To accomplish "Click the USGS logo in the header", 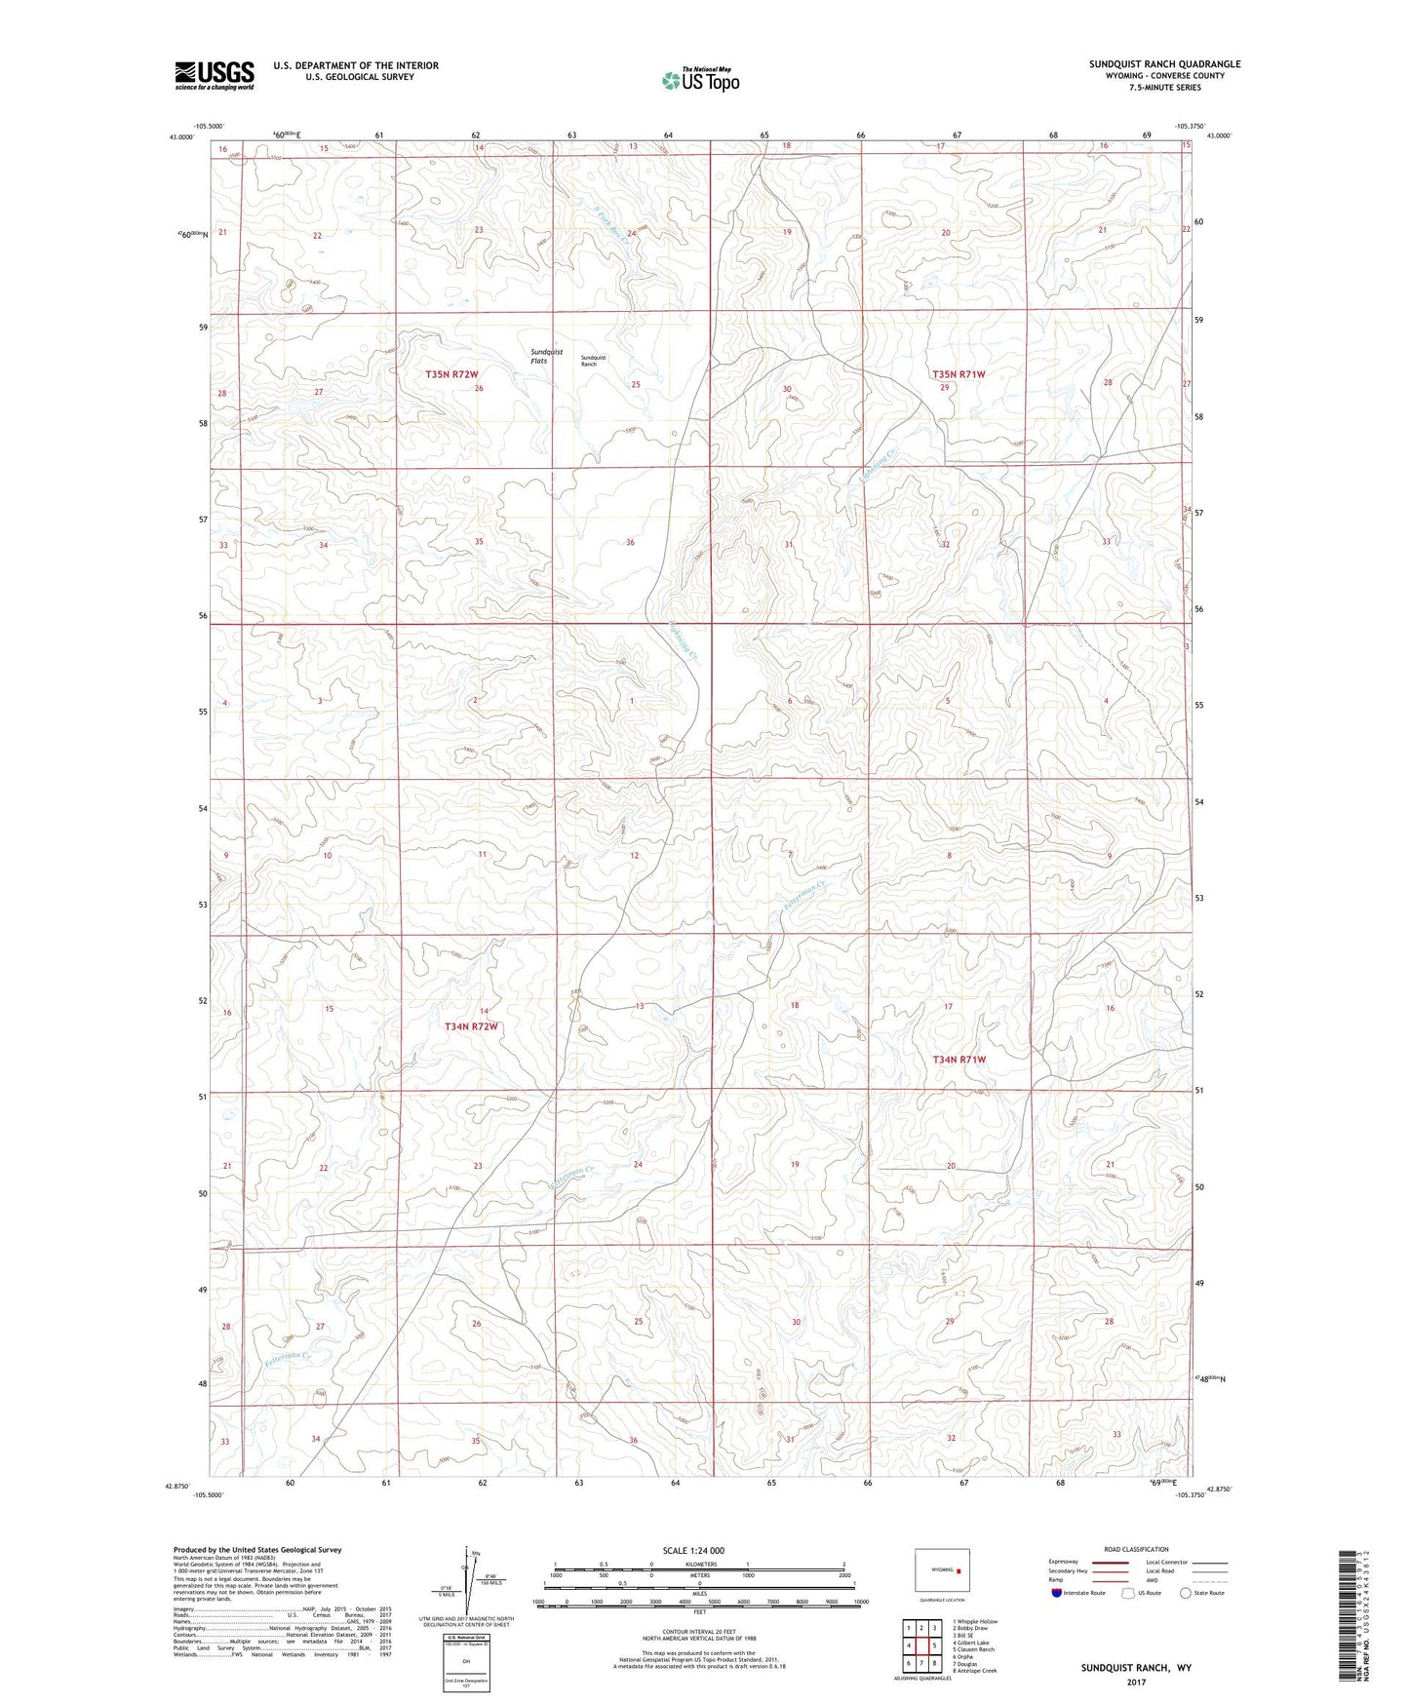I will (x=214, y=75).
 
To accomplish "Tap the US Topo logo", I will (x=699, y=80).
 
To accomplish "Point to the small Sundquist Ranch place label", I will (x=593, y=361).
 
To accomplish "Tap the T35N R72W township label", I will (x=451, y=374).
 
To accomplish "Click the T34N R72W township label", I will (x=471, y=1026).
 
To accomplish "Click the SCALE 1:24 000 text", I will (x=693, y=1551).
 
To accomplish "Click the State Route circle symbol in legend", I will (x=1185, y=1593).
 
